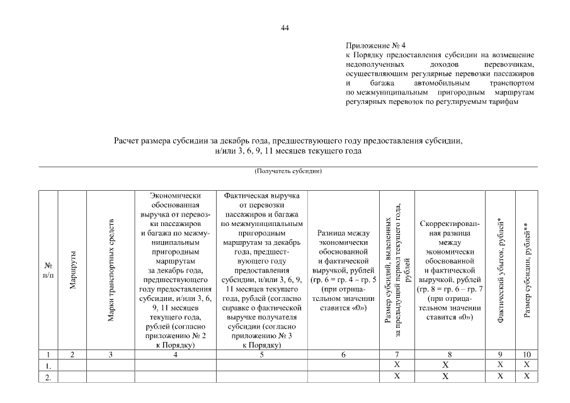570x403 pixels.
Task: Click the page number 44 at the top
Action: click(285, 28)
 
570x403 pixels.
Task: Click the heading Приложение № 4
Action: click(372, 46)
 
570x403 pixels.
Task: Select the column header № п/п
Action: click(48, 272)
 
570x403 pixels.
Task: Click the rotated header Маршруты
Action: click(73, 272)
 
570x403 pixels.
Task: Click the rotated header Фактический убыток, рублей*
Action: click(500, 271)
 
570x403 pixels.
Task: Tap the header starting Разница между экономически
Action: click(343, 268)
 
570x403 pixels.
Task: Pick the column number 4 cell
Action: click(175, 355)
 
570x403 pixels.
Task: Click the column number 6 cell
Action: click(343, 355)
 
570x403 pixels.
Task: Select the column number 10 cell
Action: click(527, 355)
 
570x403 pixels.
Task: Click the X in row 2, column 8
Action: click(445, 377)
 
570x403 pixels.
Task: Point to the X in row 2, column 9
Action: click(500, 377)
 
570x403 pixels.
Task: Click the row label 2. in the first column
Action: click(48, 377)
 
